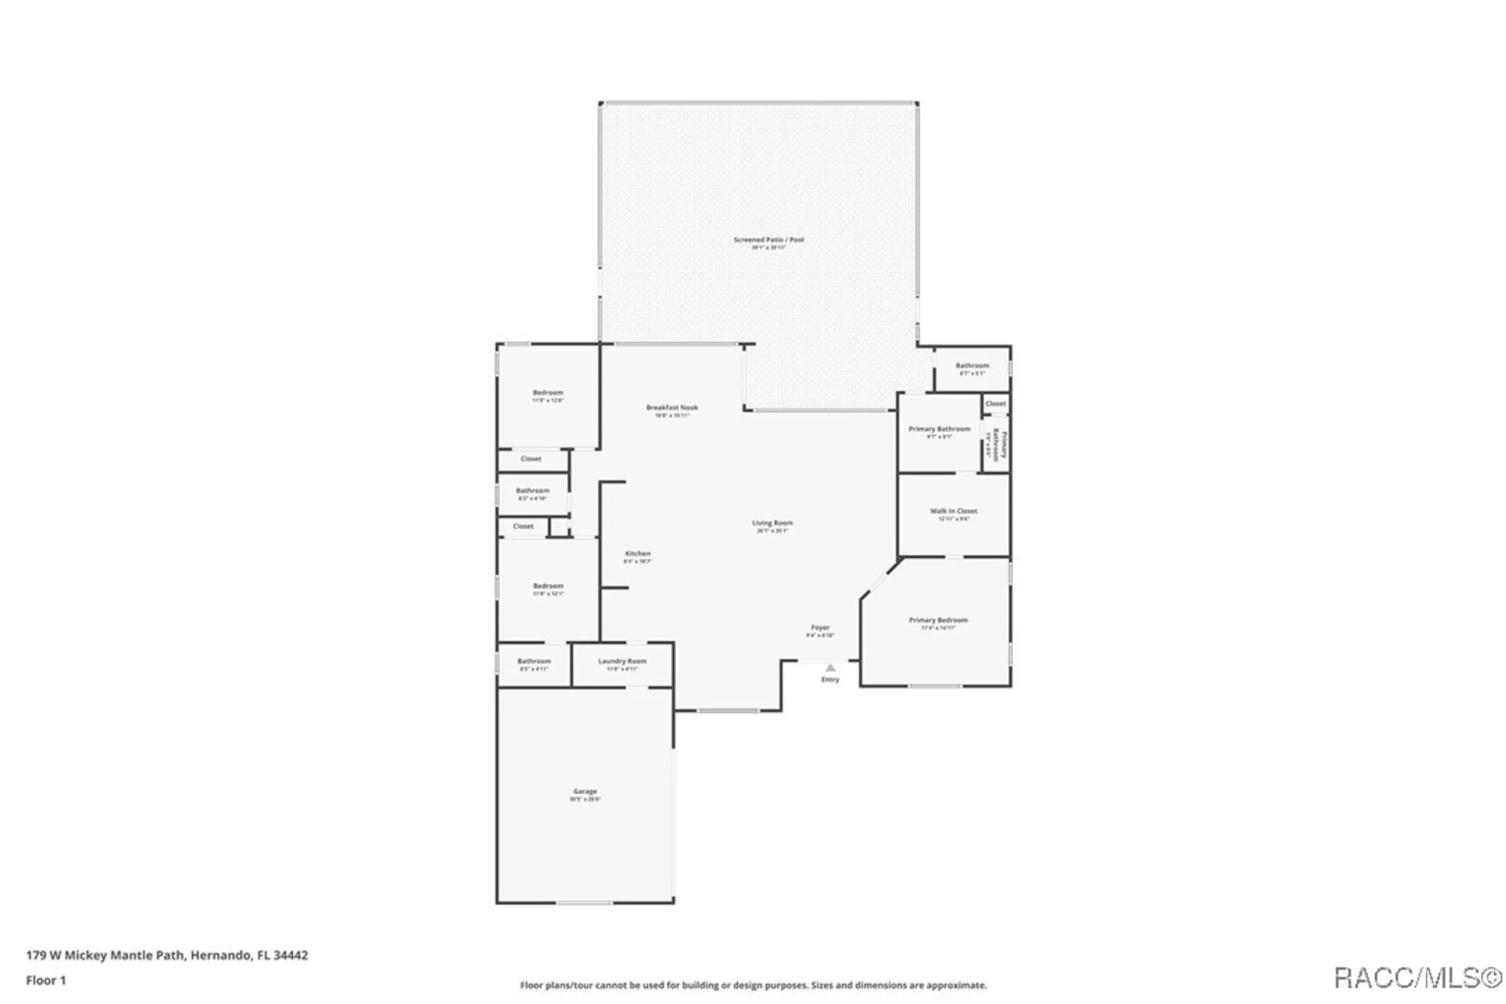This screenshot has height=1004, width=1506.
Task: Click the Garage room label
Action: pos(585,792)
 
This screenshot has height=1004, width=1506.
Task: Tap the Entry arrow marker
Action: pos(830,668)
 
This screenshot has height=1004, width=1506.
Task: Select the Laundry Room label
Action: pos(622,661)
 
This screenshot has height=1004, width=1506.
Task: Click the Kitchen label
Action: pos(638,554)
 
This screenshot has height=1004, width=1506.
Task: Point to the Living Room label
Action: pos(772,523)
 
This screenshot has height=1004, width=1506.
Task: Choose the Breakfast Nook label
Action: pos(672,407)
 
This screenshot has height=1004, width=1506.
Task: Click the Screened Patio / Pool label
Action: pos(769,240)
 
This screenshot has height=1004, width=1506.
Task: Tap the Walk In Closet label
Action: pos(953,511)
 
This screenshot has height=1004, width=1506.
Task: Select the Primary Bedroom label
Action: pos(938,620)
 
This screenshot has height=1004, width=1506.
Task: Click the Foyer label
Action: pos(820,627)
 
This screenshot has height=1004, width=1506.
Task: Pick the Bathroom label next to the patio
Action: pos(972,365)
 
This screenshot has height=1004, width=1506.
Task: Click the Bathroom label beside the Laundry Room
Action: pos(534,661)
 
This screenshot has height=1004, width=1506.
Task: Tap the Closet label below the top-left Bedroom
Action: pos(531,459)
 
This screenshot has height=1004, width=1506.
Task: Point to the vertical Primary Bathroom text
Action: pos(998,444)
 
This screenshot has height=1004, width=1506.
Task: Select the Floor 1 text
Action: pos(46,980)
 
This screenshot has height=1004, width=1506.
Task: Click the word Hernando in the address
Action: pos(220,955)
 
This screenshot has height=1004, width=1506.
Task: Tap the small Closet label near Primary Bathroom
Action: pos(995,404)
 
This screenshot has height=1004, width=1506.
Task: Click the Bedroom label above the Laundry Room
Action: pos(548,586)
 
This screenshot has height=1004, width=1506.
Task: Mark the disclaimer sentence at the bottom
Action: pos(753,985)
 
